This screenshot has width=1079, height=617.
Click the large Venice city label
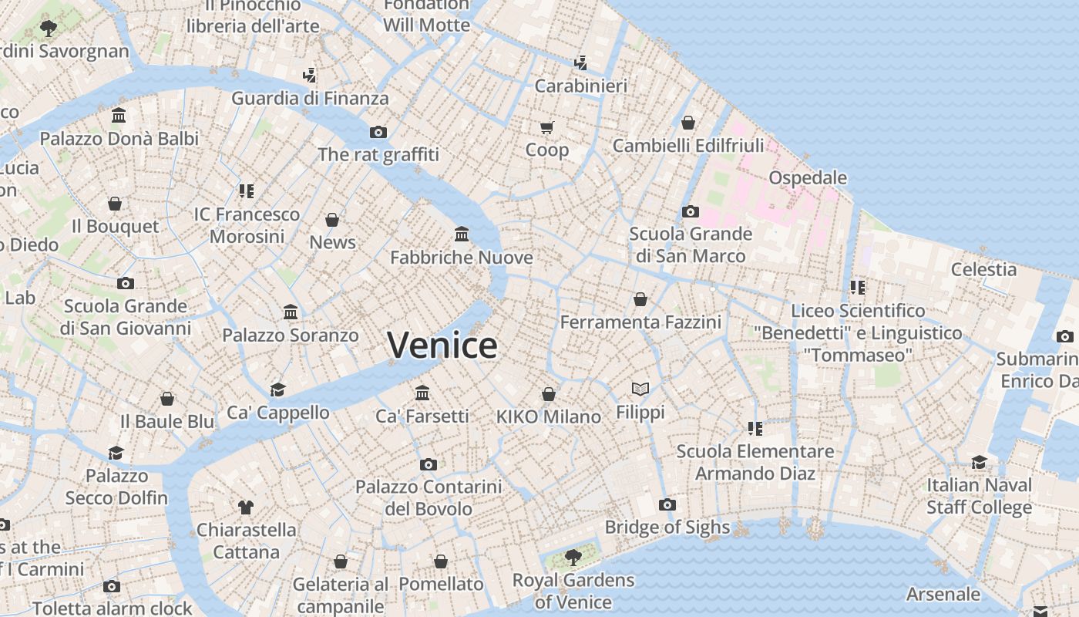point(442,345)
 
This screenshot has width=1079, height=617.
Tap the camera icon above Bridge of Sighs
point(667,504)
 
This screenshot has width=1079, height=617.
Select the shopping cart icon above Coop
point(547,127)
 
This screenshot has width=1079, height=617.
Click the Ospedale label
point(808,178)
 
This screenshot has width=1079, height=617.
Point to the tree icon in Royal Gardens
point(573,556)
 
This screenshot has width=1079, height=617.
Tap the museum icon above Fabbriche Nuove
point(462,234)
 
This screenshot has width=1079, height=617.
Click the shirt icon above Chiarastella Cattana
point(246,507)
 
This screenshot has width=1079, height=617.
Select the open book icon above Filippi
point(640,389)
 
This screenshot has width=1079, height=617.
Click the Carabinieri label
point(580,86)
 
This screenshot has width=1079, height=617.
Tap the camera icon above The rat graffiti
point(378,132)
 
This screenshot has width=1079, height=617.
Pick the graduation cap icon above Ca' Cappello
point(277,389)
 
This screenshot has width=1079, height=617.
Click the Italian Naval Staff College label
point(979,496)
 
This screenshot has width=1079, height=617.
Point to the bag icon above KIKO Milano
point(549,394)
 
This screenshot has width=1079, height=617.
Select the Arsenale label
point(943,594)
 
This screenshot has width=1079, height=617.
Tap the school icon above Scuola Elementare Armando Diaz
point(755,428)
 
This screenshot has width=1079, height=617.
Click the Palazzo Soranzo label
point(291,335)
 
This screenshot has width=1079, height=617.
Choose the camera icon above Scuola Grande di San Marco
point(691,211)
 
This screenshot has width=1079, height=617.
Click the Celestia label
point(983,269)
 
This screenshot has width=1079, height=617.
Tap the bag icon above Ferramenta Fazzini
point(640,298)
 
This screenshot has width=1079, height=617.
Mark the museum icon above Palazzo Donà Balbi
point(119,116)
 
